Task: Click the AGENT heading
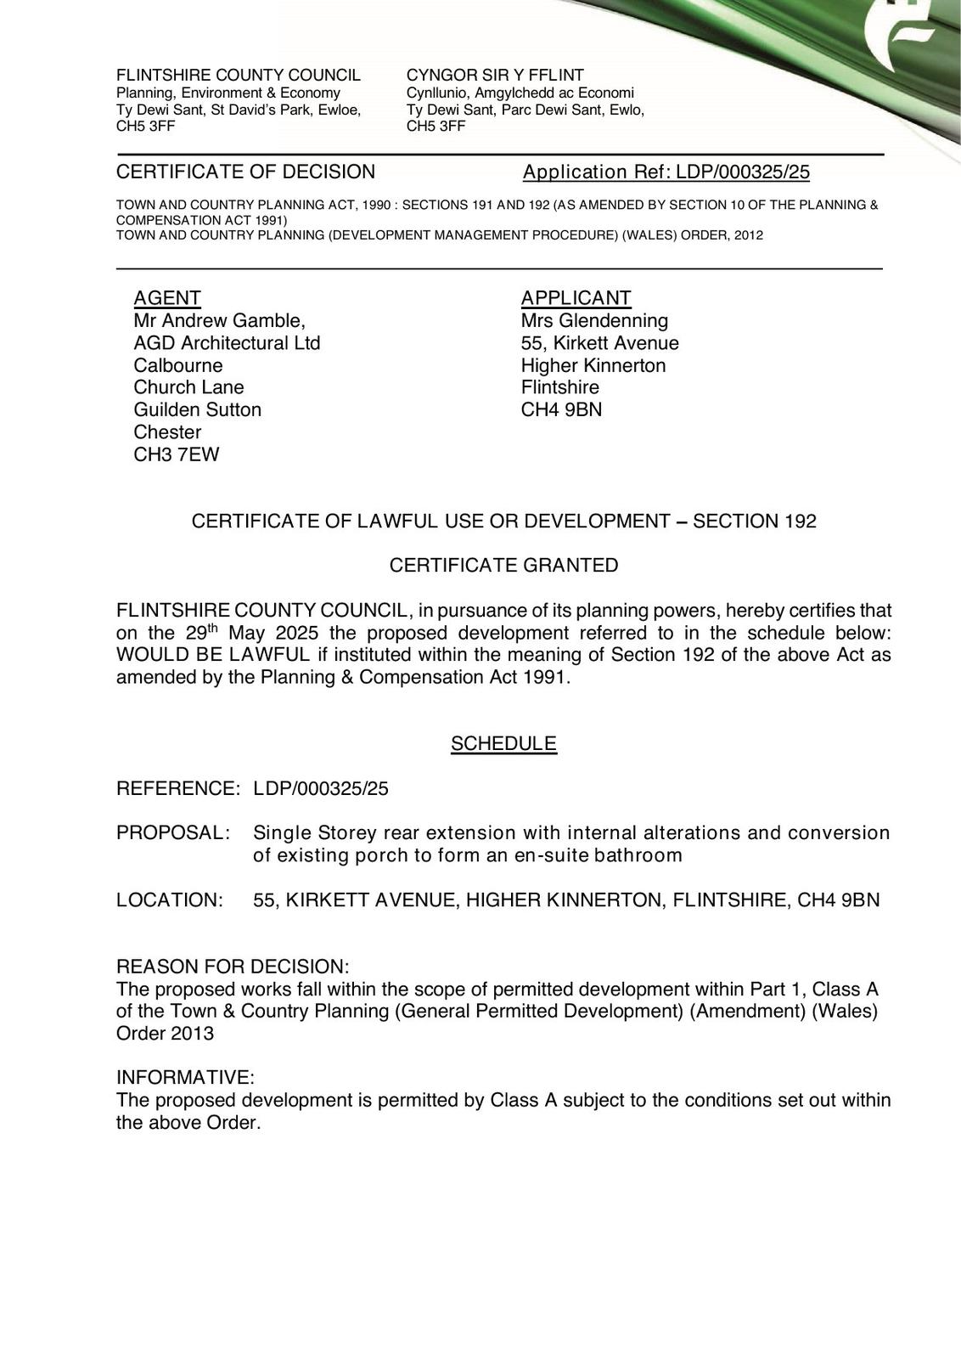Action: pyautogui.click(x=167, y=298)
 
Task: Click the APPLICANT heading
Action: pyautogui.click(x=576, y=298)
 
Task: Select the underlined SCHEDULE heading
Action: pyautogui.click(x=503, y=744)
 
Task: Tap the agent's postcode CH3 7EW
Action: pyautogui.click(x=177, y=454)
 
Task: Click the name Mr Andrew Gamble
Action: pyautogui.click(x=218, y=321)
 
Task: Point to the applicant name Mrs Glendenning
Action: pyautogui.click(x=594, y=321)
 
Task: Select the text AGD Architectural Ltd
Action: pyautogui.click(x=227, y=343)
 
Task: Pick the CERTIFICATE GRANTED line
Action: pyautogui.click(x=503, y=566)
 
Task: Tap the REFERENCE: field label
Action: pyautogui.click(x=178, y=788)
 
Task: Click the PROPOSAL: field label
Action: pyautogui.click(x=173, y=832)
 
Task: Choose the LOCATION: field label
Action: pyautogui.click(x=170, y=900)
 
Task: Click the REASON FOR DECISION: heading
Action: pyautogui.click(x=233, y=967)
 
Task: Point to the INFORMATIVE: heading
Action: pyautogui.click(x=185, y=1078)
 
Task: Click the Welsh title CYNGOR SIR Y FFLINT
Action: pyautogui.click(x=495, y=75)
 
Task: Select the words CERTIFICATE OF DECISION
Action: pyautogui.click(x=245, y=172)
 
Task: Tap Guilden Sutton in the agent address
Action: pyautogui.click(x=197, y=410)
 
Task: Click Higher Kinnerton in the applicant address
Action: pyautogui.click(x=593, y=366)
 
